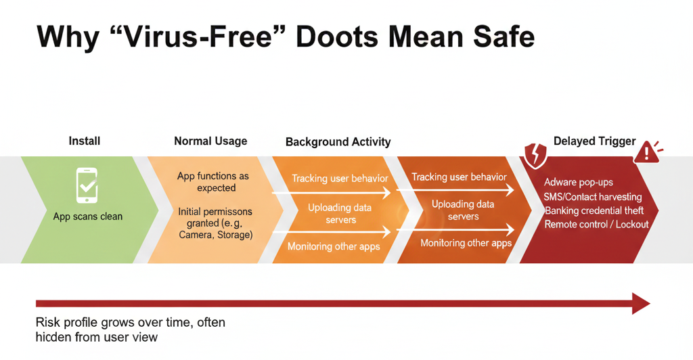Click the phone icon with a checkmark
(87, 185)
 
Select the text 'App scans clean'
(87, 217)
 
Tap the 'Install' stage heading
(85, 141)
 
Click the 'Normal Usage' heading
(210, 141)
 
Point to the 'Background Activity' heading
(338, 142)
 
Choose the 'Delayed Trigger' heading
(594, 141)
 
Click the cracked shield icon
(535, 156)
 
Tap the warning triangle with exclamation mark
(647, 153)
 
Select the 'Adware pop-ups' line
(579, 183)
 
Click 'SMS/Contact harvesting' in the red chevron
(593, 196)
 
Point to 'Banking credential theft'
(594, 210)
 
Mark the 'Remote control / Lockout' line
(596, 225)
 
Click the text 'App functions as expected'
(213, 182)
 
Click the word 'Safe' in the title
(504, 37)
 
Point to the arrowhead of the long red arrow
(641, 303)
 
